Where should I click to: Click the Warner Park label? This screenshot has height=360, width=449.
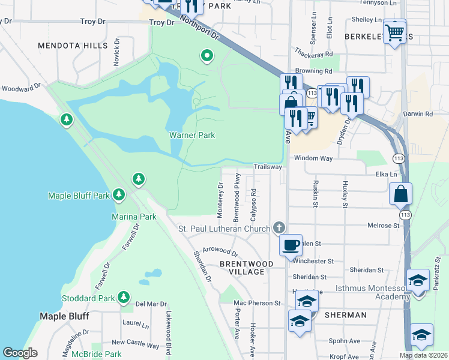coord(191,135)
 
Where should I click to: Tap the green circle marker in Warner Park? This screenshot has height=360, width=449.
coord(207,56)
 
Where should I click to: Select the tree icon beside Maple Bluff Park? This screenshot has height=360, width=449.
coord(119,194)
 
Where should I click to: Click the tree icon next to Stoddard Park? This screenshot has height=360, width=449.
coord(124,296)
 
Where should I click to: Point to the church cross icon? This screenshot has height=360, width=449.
coord(278,227)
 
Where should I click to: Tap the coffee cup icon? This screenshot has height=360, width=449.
coord(291,245)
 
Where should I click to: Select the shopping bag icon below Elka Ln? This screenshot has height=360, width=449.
coord(400,195)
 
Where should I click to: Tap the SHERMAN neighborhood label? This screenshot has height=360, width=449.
coord(346,315)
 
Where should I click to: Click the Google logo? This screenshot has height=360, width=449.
coord(20,353)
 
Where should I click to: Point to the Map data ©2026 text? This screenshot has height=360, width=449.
coord(423,355)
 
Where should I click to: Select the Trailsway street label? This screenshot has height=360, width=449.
coord(267,167)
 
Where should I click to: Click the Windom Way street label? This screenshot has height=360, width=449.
coord(313,158)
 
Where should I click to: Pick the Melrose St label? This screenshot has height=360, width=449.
coord(384,226)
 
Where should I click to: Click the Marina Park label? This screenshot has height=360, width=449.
coord(134,216)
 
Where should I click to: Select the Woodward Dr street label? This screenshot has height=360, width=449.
coord(19,88)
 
